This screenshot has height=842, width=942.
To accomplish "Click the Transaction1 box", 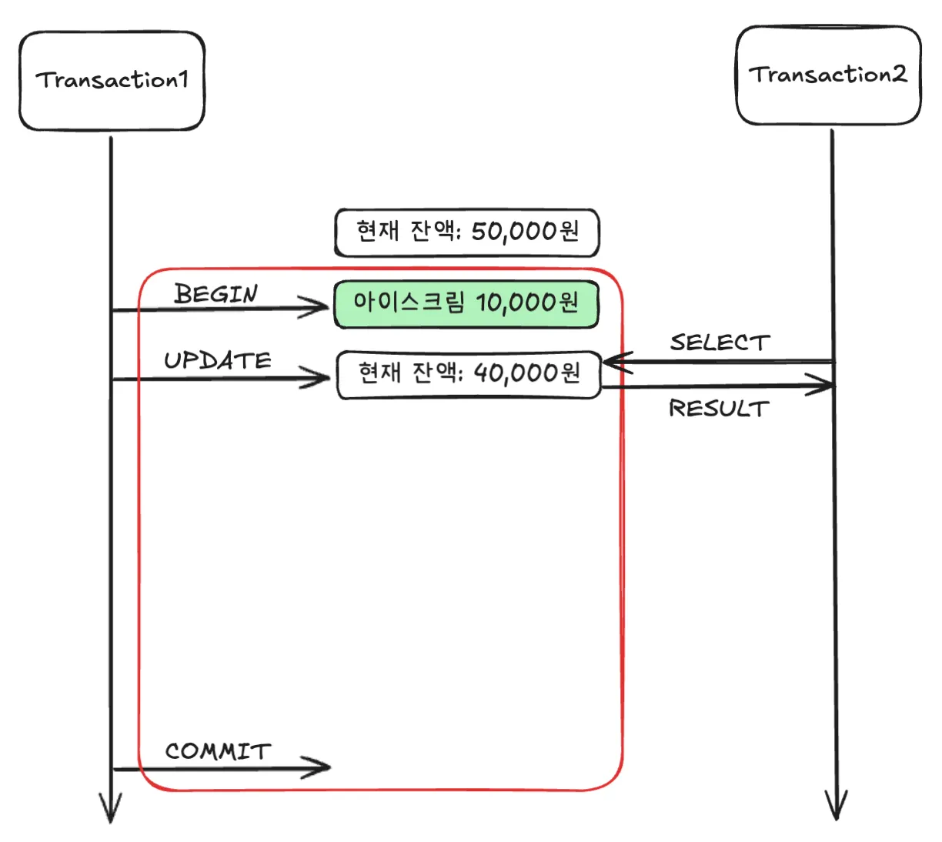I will point(112,81).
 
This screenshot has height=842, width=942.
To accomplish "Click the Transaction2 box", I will point(828,75).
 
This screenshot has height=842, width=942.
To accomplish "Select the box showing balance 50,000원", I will point(466,232).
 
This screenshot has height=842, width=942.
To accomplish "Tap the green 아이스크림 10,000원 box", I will point(466,303).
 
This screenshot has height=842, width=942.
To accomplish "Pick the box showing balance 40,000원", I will point(469,374).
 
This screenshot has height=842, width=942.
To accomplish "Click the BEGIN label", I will point(216,294).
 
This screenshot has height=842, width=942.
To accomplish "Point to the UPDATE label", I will point(218,360).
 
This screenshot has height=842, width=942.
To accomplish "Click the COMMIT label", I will point(218,751).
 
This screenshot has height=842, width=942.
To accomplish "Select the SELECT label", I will point(720,342).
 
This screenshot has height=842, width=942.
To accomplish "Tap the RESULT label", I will point(719,409).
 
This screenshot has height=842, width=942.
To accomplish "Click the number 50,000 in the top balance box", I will point(513,232).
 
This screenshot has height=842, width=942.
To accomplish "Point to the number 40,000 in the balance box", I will point(515,374).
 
